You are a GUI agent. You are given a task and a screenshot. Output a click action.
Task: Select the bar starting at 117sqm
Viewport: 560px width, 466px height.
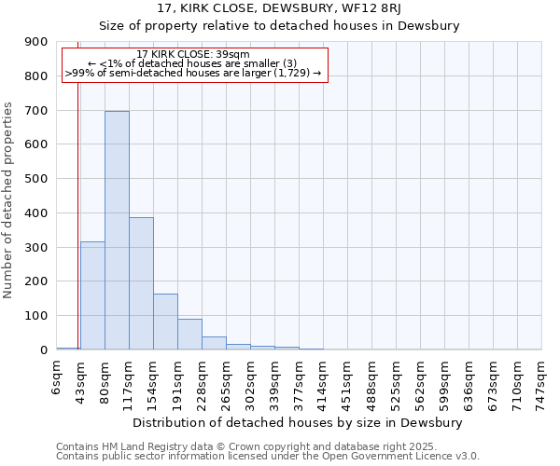pos(141,283)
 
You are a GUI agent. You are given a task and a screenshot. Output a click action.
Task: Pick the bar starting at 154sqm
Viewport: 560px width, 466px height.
pos(165,322)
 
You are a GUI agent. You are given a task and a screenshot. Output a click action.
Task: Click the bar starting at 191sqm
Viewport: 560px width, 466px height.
pos(189,335)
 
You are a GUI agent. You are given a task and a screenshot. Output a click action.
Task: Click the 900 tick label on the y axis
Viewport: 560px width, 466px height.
pos(38,42)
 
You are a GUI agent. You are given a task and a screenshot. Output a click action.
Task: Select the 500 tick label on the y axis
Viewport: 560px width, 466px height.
pos(38,179)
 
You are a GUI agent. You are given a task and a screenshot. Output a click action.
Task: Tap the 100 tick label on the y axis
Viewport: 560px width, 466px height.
pos(38,316)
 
